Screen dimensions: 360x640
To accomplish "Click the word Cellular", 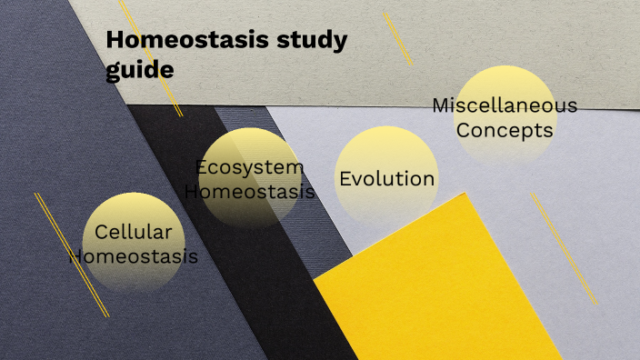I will (134, 232).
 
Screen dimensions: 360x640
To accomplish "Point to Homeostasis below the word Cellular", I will (134, 256).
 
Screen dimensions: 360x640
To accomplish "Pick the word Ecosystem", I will (250, 167).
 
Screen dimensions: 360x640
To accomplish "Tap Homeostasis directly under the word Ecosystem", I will (250, 192).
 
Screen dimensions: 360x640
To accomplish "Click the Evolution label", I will (387, 178).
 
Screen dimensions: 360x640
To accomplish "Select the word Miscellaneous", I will (505, 105).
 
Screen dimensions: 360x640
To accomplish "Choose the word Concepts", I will (505, 130).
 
